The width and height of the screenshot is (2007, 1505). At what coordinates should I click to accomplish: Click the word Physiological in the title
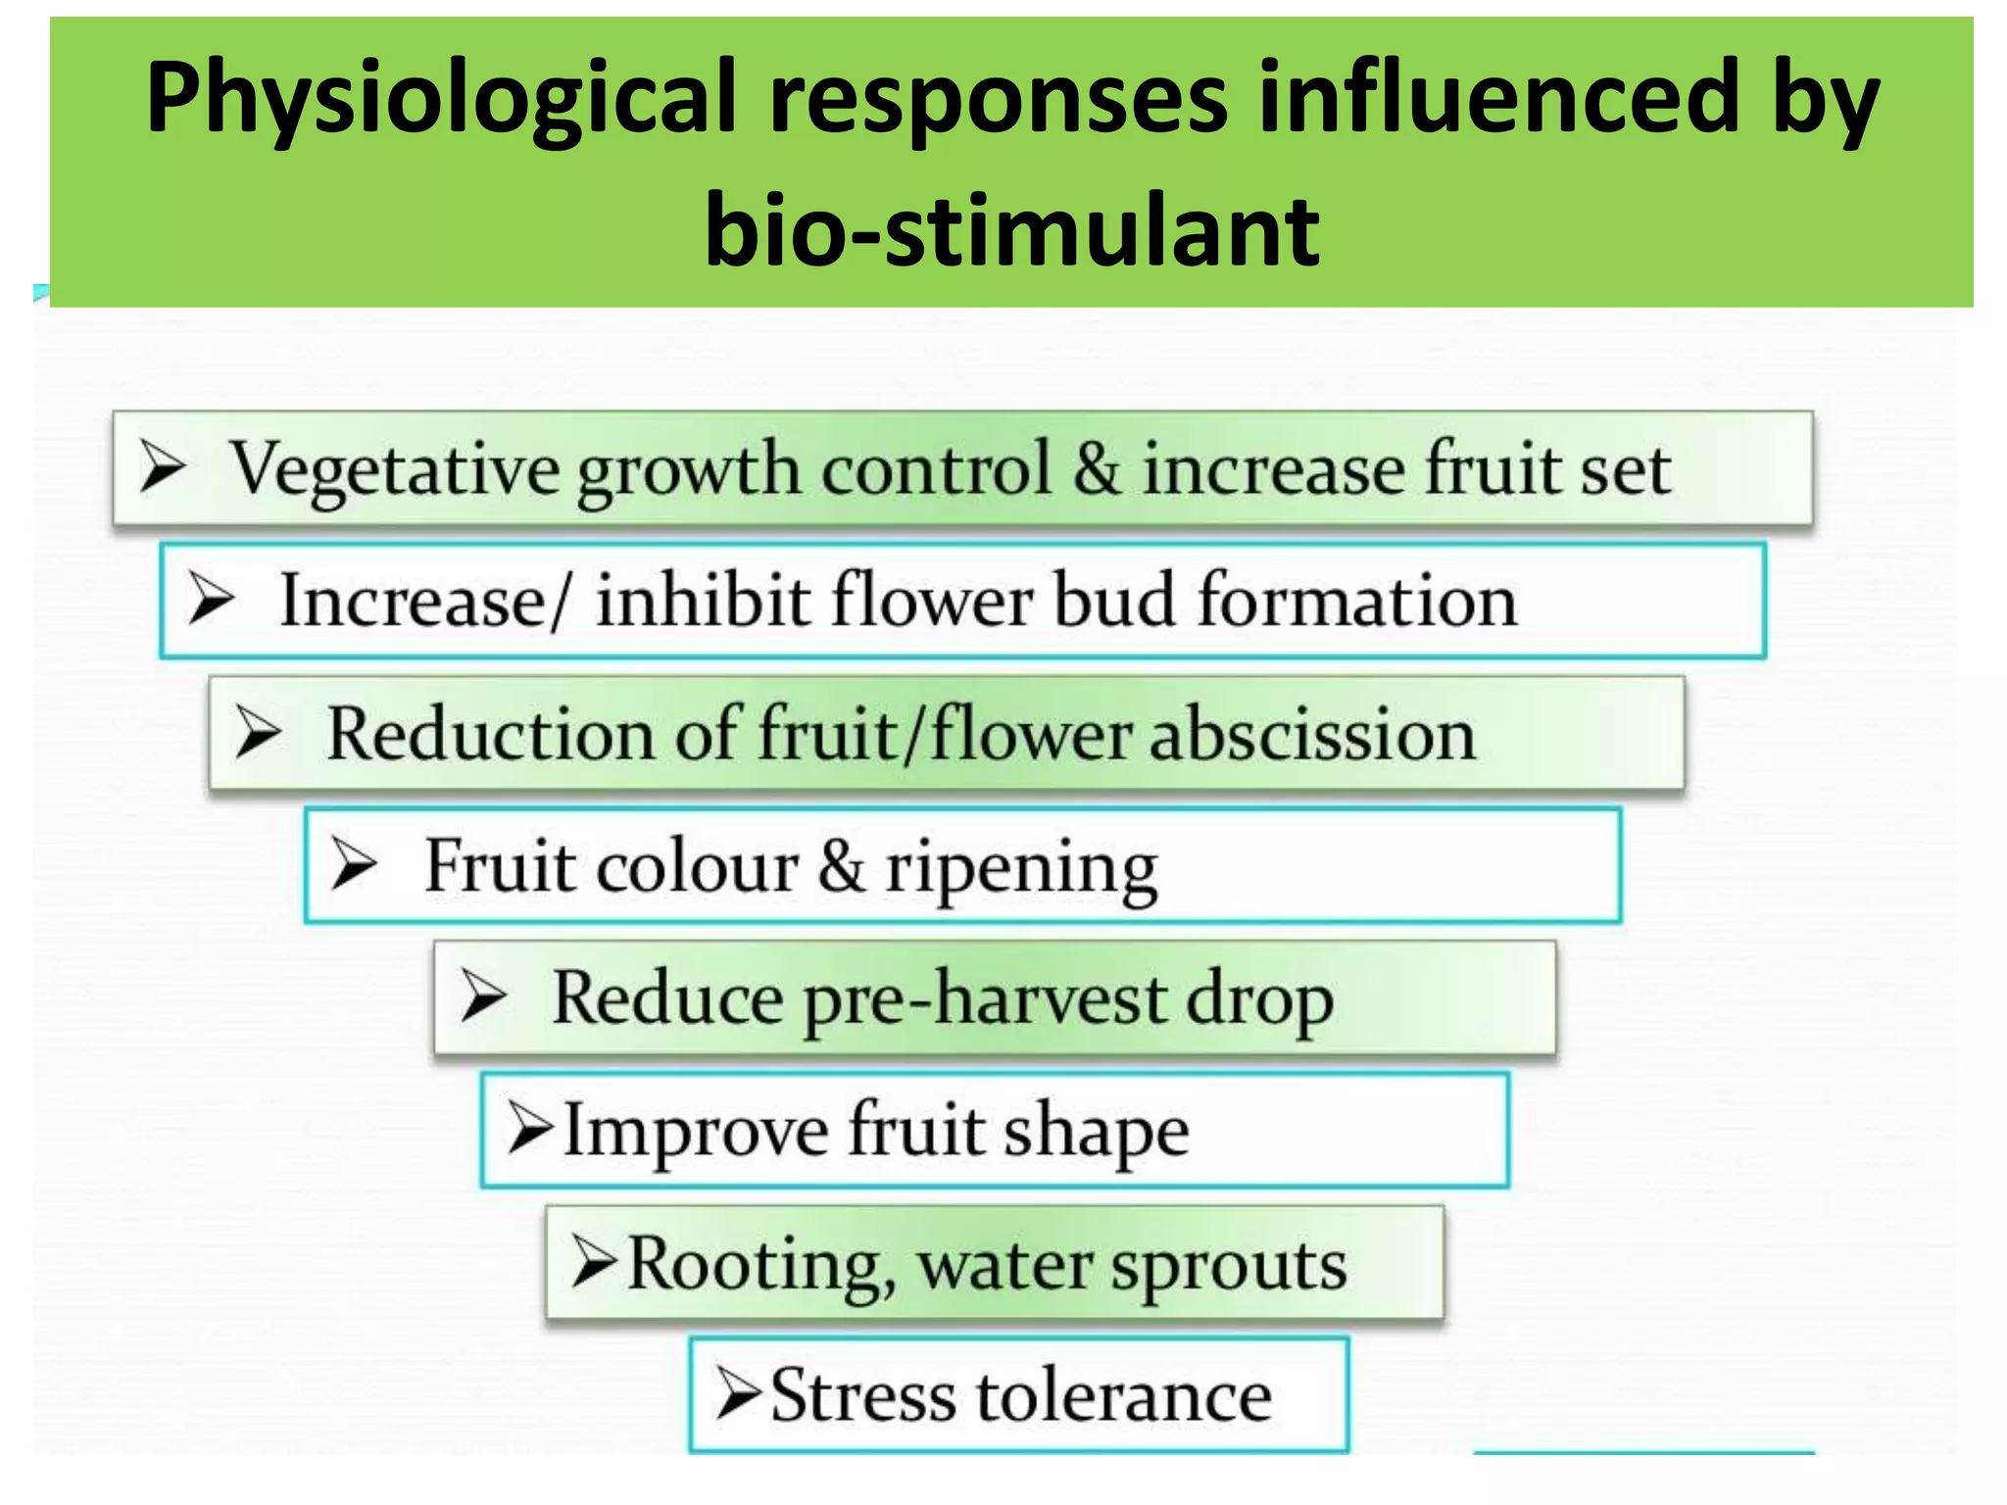(x=441, y=98)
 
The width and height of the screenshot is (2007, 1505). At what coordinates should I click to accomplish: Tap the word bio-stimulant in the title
(x=1012, y=231)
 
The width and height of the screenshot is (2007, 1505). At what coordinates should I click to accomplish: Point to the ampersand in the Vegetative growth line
(x=1096, y=468)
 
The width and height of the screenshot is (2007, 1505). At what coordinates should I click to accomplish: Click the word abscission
(x=1312, y=735)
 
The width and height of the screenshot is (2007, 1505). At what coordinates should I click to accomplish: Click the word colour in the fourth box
(x=698, y=867)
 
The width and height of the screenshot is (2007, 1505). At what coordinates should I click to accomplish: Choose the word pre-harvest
(x=984, y=1000)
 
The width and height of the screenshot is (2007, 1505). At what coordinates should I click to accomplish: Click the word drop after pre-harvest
(x=1259, y=1000)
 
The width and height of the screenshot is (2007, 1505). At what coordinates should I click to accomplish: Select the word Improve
(x=697, y=1133)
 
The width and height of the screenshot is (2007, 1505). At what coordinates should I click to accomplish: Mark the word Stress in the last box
(x=862, y=1395)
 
